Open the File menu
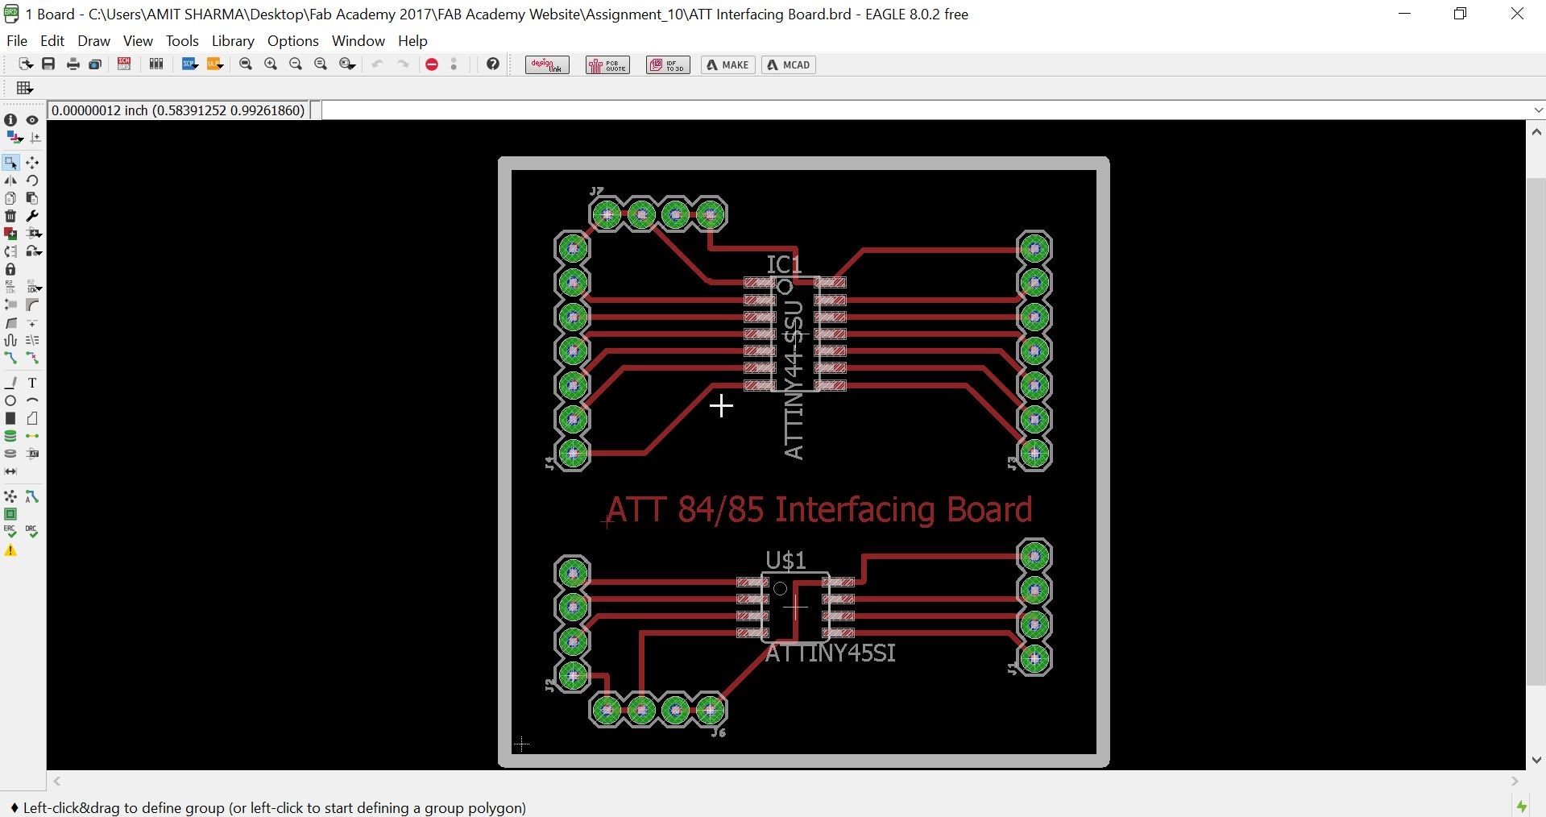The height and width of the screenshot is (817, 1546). click(16, 40)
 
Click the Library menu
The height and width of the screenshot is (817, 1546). click(233, 40)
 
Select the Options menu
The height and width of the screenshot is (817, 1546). click(292, 40)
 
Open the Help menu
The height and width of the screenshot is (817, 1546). click(412, 40)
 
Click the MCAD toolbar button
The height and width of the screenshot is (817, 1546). click(789, 65)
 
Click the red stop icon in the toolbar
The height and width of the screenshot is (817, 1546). click(432, 65)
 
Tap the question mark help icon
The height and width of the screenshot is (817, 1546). click(493, 64)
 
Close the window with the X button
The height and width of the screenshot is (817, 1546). click(1517, 15)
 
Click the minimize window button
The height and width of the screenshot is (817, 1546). click(1405, 15)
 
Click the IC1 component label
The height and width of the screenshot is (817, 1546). click(784, 264)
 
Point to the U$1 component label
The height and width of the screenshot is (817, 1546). click(785, 560)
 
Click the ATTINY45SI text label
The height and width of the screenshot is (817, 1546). click(830, 653)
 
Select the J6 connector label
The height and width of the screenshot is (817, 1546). click(719, 732)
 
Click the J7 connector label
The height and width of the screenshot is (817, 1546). click(596, 192)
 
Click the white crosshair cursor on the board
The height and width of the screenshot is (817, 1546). click(721, 405)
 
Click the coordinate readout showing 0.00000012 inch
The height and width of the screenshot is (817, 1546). click(178, 110)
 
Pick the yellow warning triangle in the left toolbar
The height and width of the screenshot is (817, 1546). click(10, 551)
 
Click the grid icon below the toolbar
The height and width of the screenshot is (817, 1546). click(25, 88)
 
